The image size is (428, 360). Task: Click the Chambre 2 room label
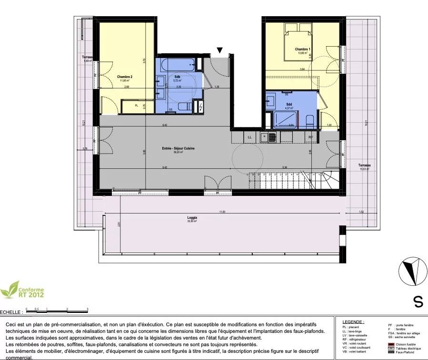pos(125,77)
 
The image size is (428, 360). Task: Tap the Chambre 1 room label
pos(302,49)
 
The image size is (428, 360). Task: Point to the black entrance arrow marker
pos(219,50)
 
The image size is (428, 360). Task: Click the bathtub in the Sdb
pos(177,64)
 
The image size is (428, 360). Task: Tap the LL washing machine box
pos(249,137)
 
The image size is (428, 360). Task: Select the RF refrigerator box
pos(310,137)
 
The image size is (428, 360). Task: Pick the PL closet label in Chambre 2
pos(136,105)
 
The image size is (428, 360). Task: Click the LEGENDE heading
pos(353,322)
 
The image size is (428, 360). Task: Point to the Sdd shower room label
pos(289,104)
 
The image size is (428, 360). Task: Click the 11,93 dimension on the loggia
pos(222,212)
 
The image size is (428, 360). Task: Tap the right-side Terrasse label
pos(365,165)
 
